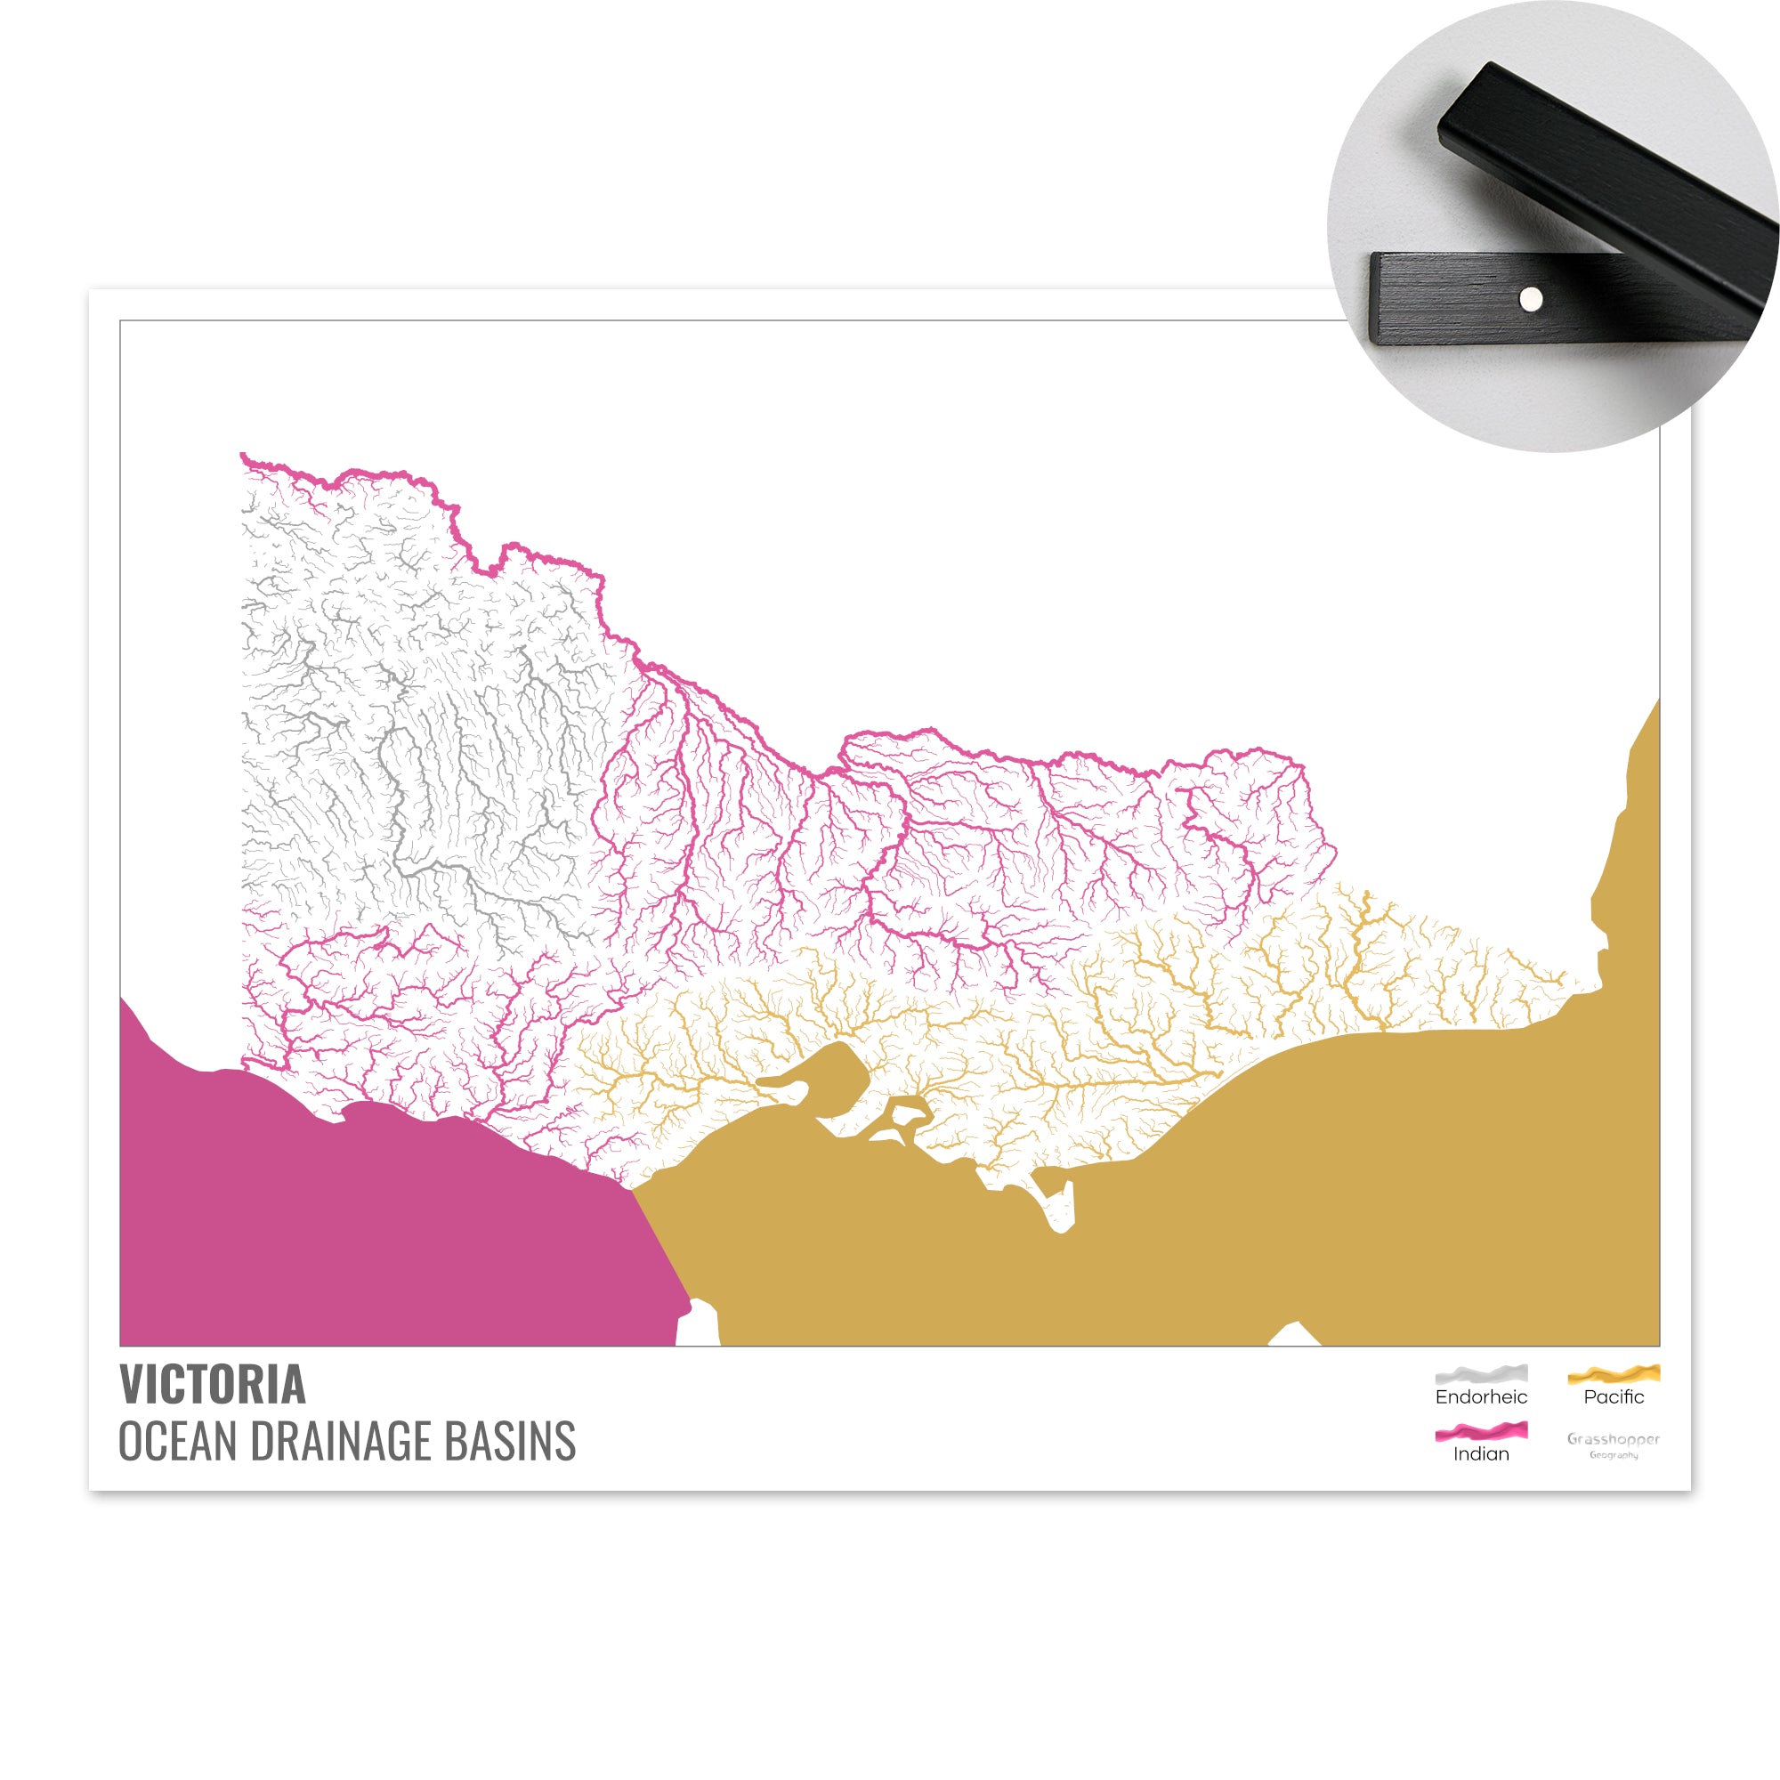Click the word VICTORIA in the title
212,1386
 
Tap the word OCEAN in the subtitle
177,1442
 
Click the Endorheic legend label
1481,1396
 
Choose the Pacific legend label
1614,1396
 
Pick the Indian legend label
1481,1454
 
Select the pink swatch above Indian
1481,1432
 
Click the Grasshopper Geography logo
1614,1444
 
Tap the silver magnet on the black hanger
1530,298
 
